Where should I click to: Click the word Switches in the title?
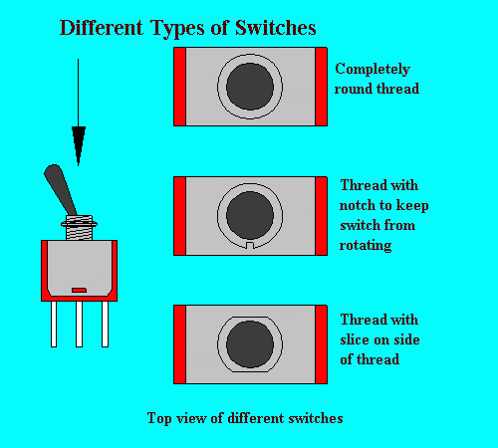click(276, 28)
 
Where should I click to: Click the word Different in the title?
click(102, 28)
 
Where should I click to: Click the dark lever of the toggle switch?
click(61, 190)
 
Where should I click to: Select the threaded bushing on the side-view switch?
click(79, 227)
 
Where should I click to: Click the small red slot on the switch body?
click(79, 291)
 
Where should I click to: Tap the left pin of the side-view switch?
click(54, 324)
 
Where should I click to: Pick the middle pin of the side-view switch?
click(79, 324)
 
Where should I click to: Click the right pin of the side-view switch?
click(105, 324)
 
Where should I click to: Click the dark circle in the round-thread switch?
click(250, 87)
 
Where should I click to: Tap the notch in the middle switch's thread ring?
click(250, 245)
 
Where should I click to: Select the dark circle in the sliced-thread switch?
click(250, 344)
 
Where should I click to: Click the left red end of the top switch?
click(180, 87)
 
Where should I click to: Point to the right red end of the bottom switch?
click(321, 344)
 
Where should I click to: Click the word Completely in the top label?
click(373, 70)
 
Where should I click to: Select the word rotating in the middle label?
click(366, 246)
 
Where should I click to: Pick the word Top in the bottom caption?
click(159, 418)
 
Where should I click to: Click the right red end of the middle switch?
click(321, 216)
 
